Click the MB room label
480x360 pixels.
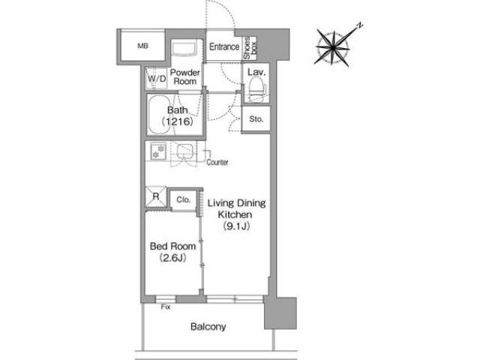[142, 46]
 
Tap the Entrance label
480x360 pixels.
[224, 46]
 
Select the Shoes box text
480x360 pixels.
[250, 48]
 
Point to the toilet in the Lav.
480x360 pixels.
[256, 86]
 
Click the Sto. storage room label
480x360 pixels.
[256, 118]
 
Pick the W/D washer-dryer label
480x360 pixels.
[157, 79]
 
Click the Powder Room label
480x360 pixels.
[185, 76]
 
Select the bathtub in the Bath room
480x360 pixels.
[159, 115]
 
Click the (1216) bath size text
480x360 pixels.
[178, 121]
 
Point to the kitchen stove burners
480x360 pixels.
[158, 151]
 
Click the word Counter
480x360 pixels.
[217, 162]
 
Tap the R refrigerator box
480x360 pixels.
[156, 196]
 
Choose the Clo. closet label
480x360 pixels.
[183, 199]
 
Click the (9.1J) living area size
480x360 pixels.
[237, 226]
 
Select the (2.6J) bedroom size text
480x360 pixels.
[172, 258]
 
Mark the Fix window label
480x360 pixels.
[166, 307]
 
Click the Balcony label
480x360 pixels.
[208, 327]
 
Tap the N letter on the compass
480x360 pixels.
[360, 25]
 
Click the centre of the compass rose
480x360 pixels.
[333, 48]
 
